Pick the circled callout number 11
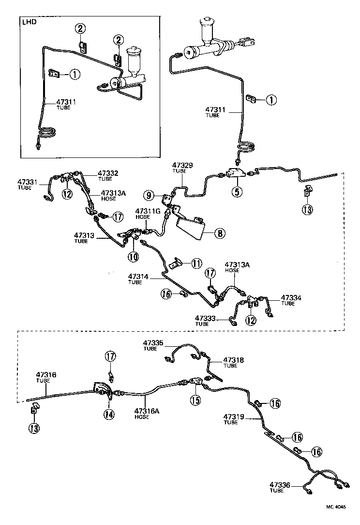pos(195,263)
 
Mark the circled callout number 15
pos(195,400)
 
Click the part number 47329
pos(182,166)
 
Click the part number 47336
pos(279,484)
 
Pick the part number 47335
pos(154,343)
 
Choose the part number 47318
pos(234,360)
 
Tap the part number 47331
pos(29,182)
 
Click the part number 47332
pos(108,173)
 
